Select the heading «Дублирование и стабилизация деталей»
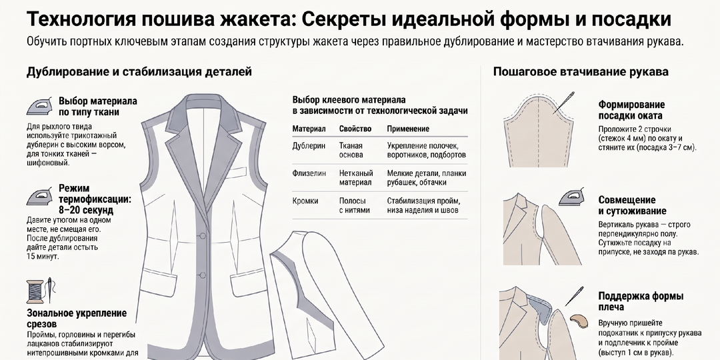point(139,72)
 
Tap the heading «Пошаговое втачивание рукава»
point(581,72)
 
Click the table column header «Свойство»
point(355,129)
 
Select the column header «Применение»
point(408,129)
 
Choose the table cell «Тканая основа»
point(351,150)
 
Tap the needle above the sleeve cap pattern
point(564,103)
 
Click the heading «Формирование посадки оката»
point(631,110)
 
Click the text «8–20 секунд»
point(86,210)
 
